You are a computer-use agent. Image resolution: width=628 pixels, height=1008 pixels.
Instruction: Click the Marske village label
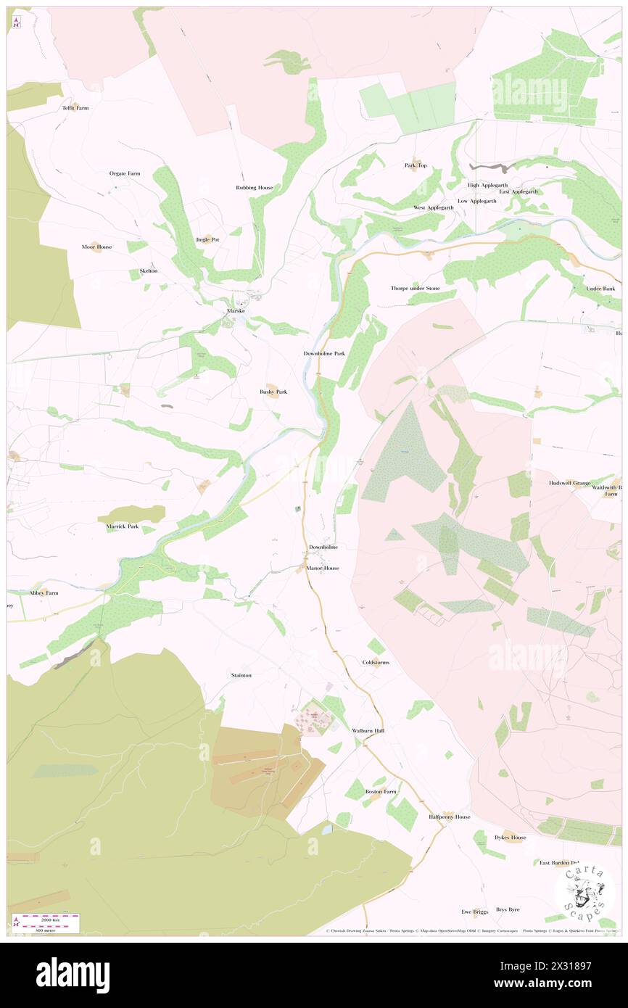(236, 310)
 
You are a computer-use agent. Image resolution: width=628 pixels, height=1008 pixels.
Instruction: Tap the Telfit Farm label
(75, 108)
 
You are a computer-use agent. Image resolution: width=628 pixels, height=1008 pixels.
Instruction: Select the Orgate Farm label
(125, 173)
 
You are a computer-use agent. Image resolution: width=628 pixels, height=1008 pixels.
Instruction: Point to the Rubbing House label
(255, 187)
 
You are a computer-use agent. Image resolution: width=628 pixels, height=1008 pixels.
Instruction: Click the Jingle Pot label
(207, 239)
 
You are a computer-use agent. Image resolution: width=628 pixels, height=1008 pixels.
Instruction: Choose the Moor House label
(96, 247)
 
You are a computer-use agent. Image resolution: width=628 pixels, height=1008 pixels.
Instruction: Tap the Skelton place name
(149, 270)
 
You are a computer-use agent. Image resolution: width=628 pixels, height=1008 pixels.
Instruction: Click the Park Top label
(416, 165)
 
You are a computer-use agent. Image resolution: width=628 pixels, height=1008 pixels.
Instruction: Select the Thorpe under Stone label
(416, 288)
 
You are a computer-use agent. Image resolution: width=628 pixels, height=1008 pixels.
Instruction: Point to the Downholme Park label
(324, 353)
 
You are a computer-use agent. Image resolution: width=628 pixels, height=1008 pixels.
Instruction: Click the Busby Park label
(273, 392)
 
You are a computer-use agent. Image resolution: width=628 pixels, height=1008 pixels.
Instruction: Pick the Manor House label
(323, 568)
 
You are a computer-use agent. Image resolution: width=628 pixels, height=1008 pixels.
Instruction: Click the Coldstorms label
(376, 662)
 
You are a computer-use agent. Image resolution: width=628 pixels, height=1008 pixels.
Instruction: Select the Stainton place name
(241, 675)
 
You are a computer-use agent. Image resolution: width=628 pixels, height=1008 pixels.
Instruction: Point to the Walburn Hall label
(368, 730)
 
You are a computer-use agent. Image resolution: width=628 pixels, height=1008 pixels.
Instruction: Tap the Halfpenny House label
(449, 817)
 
